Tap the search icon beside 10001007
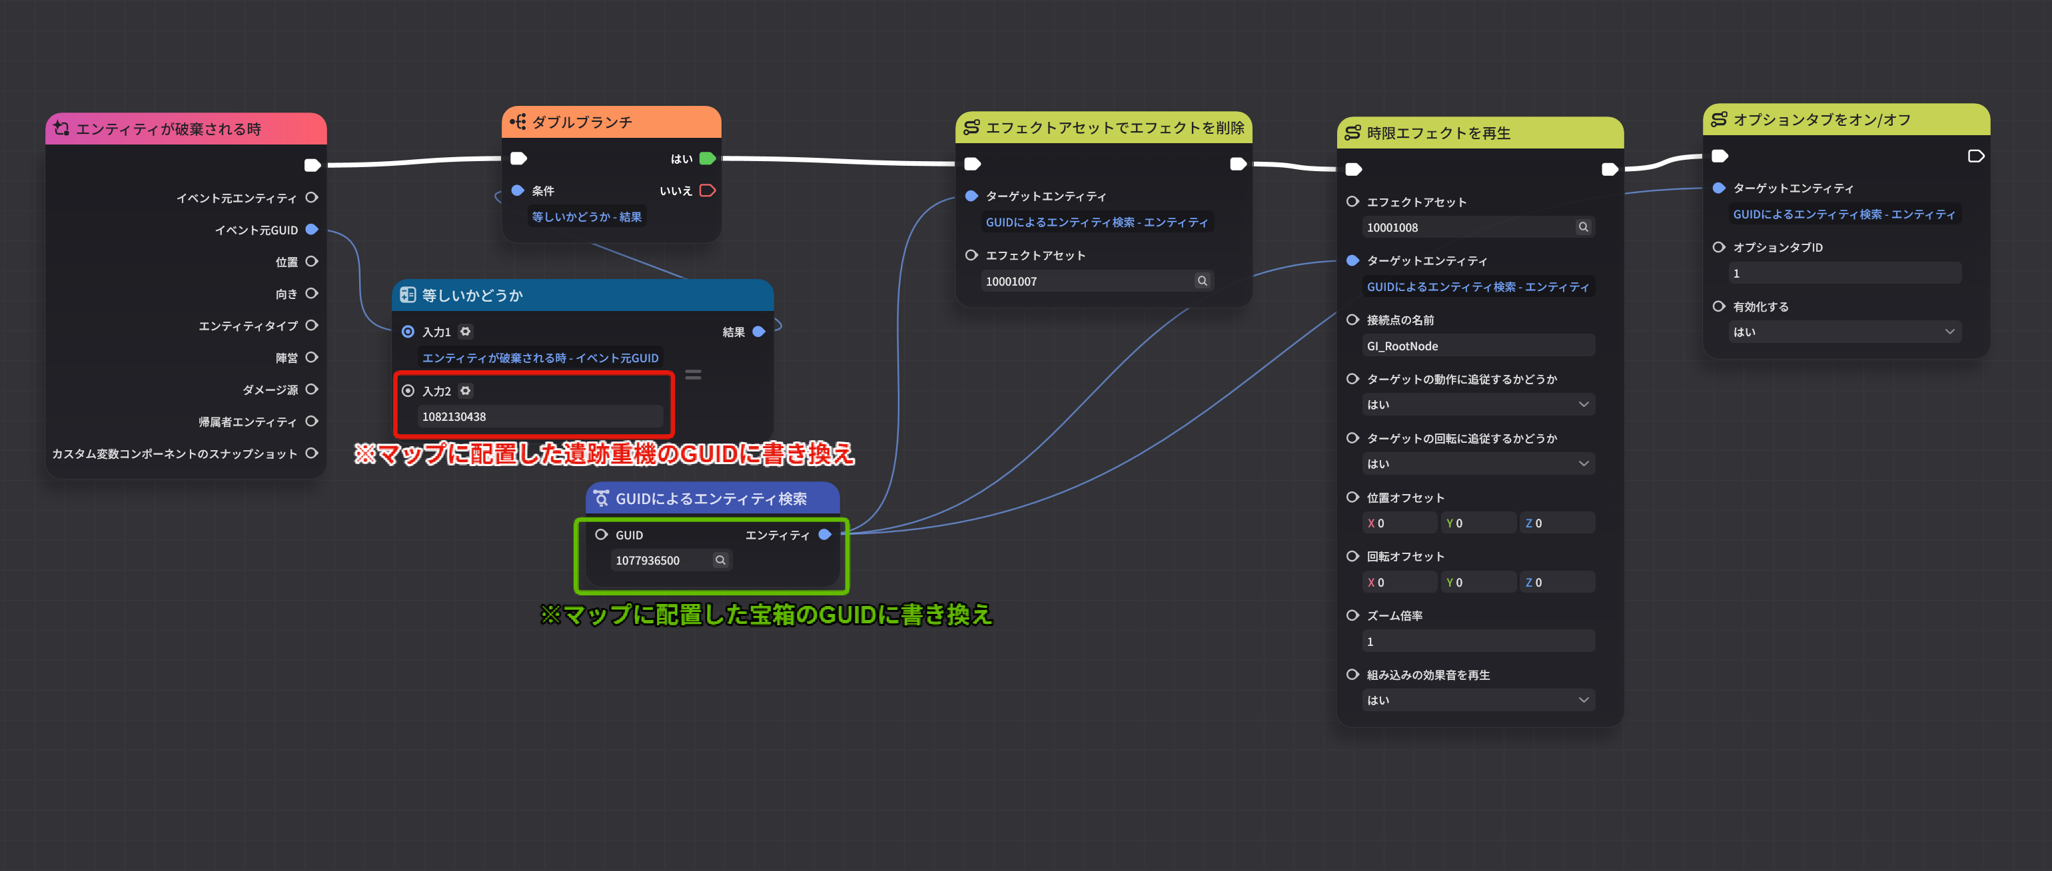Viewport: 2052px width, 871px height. (x=1202, y=281)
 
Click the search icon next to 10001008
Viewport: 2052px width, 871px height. (x=1583, y=227)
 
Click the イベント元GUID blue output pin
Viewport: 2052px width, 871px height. (x=312, y=229)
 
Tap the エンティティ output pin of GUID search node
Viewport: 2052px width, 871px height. (x=825, y=535)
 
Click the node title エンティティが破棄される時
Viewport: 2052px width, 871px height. (x=169, y=129)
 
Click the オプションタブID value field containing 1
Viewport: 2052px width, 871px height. (x=1843, y=273)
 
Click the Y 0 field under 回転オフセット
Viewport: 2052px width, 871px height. (x=1478, y=582)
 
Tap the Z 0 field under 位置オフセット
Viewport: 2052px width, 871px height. (x=1556, y=523)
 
